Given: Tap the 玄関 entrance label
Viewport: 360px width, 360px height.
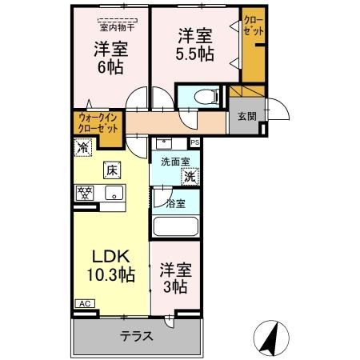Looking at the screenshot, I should click(246, 116).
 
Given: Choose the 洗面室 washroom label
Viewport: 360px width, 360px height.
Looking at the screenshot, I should click(174, 161).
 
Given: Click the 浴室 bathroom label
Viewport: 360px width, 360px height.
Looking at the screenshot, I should click(176, 203).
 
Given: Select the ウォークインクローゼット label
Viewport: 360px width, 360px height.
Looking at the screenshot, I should click(98, 123).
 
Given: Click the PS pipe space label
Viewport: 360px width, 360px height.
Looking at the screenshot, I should click(194, 143).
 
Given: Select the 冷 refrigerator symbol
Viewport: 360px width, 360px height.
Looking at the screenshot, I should click(82, 147).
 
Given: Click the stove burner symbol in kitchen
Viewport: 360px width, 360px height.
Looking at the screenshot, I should click(84, 193).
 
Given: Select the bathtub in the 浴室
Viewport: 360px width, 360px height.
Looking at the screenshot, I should click(175, 224).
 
